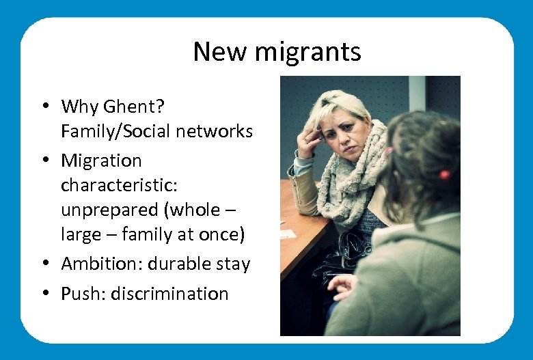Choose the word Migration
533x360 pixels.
[x=101, y=161]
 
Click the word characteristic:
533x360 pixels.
[x=115, y=185]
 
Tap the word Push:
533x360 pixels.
[x=83, y=294]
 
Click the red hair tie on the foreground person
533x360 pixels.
[x=444, y=174]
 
